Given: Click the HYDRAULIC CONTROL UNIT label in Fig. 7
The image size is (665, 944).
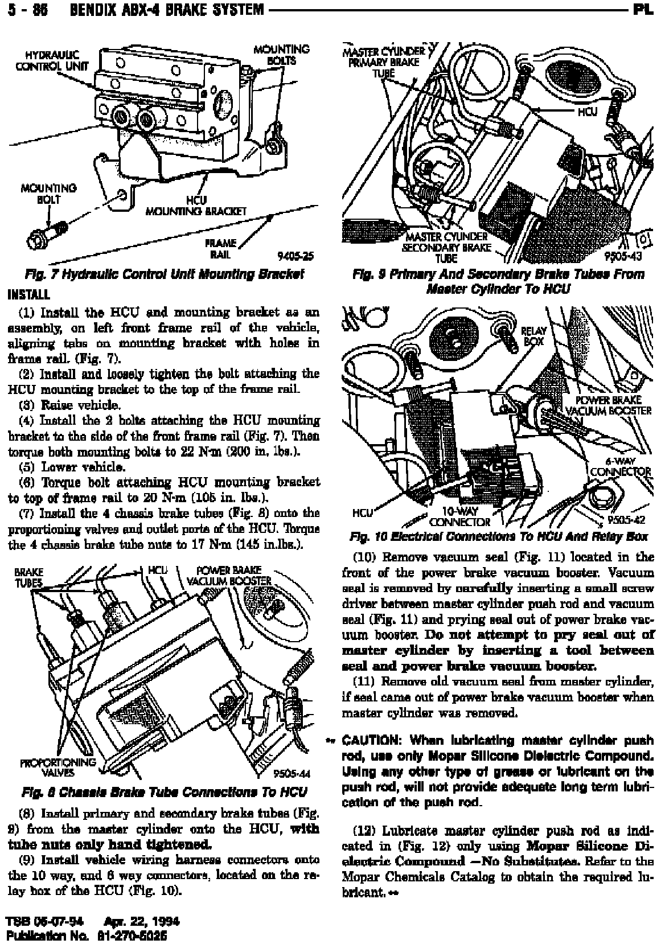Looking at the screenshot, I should pos(52,60).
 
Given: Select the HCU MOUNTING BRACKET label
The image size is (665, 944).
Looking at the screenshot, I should pos(196,206).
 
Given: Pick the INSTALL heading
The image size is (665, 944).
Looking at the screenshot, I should pos(28,295).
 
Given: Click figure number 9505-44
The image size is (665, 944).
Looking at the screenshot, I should pos(291,773).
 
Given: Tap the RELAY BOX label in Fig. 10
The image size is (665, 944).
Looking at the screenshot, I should pos(533,336).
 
